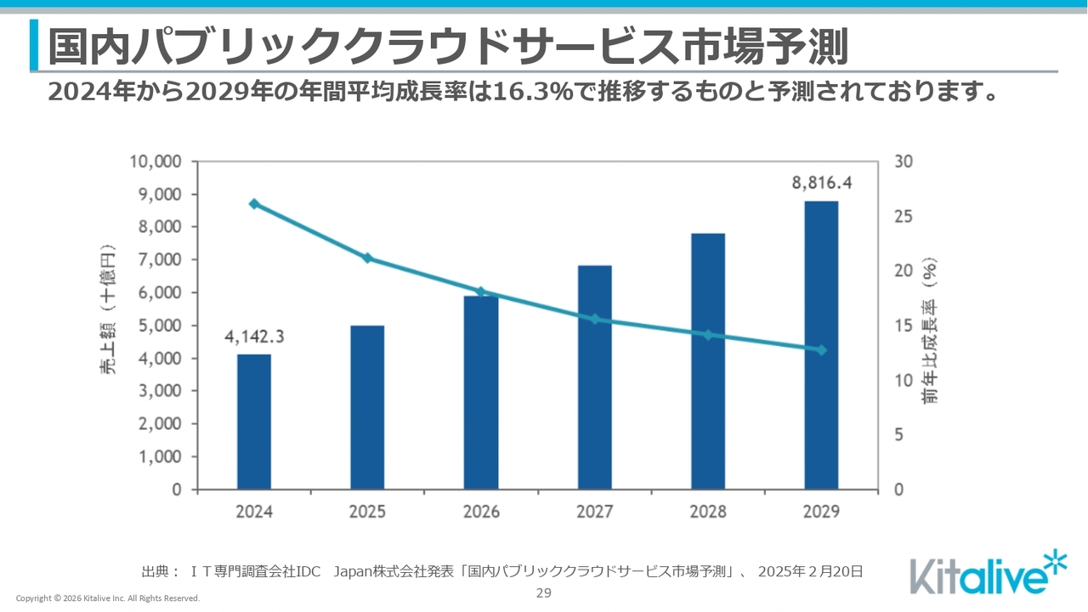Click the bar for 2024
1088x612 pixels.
point(254,422)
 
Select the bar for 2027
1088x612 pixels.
point(594,377)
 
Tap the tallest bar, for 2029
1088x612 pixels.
point(821,345)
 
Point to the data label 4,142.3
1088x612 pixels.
point(254,336)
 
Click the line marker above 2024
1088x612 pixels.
point(254,204)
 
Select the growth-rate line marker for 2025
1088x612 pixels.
point(367,258)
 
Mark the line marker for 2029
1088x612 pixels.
point(821,350)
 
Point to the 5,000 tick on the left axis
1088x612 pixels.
point(159,326)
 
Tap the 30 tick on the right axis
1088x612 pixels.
point(904,161)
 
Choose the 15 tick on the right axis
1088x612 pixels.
point(904,326)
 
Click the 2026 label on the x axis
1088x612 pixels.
point(481,512)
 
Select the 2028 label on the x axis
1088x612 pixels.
point(708,512)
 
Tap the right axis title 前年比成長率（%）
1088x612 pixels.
point(931,330)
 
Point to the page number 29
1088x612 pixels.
point(544,593)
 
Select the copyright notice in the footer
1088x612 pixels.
point(108,598)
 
